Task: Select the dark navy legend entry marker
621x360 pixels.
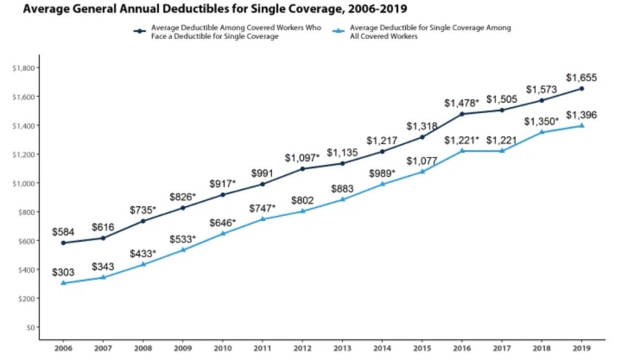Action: point(139,32)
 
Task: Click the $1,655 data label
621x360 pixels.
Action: point(581,77)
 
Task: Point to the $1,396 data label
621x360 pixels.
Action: point(581,115)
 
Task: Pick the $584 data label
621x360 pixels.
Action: point(63,232)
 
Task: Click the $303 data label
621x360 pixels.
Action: point(63,272)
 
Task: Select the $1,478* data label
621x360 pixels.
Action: point(462,103)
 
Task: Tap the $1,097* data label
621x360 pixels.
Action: point(303,157)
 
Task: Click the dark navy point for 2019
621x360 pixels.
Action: point(581,89)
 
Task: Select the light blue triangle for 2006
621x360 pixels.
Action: point(63,283)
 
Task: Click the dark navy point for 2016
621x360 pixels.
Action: point(462,114)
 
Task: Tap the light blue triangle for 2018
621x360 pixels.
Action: point(541,132)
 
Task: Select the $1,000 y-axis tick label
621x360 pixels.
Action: point(23,183)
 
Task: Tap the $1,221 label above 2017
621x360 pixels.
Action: point(501,140)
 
